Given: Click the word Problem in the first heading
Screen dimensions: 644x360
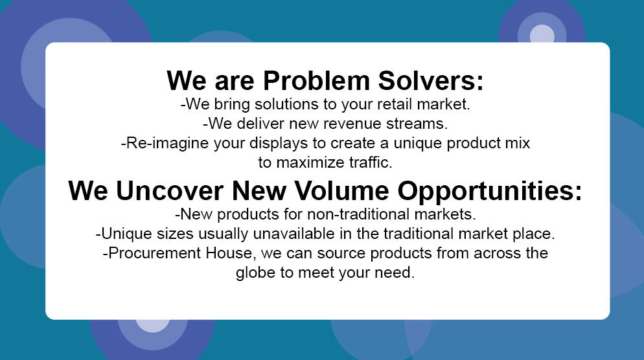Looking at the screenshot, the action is click(317, 80).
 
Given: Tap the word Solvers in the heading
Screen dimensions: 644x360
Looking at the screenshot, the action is click(430, 80).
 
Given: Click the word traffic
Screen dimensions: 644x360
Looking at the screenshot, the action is click(371, 163).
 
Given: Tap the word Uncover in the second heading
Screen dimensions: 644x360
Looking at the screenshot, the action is click(170, 191).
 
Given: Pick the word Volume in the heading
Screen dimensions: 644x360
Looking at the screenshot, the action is click(341, 191).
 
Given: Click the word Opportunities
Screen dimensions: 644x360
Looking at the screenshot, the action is click(490, 192).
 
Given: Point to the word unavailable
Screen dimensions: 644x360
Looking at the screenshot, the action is click(293, 234).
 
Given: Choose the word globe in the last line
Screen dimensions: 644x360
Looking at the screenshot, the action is click(255, 273).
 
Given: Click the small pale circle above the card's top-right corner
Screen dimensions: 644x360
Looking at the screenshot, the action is click(542, 34).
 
